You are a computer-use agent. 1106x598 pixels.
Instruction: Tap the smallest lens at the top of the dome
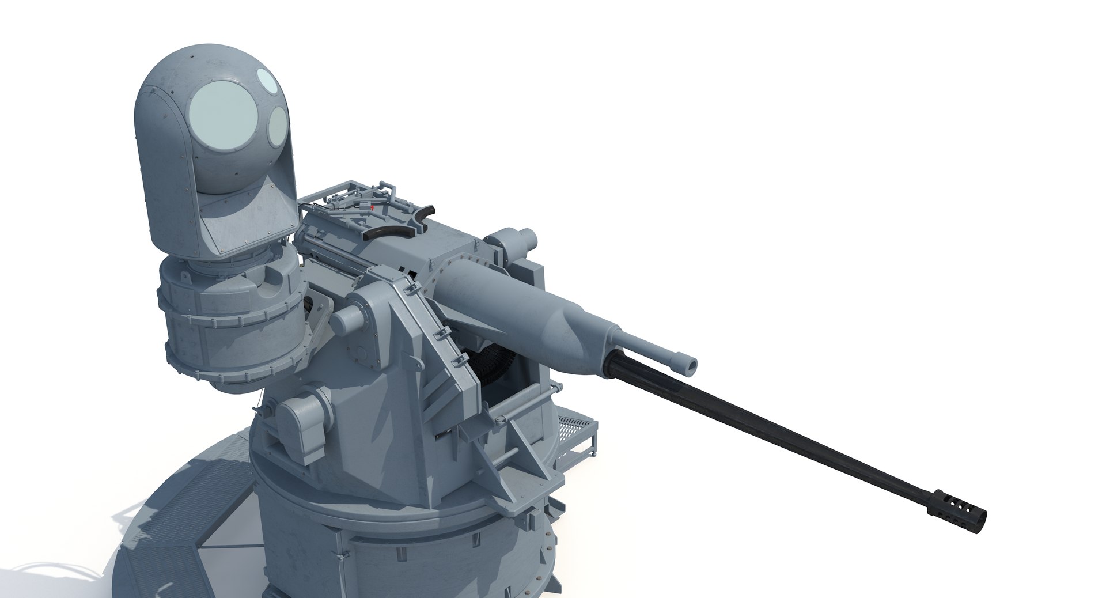(x=267, y=77)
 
